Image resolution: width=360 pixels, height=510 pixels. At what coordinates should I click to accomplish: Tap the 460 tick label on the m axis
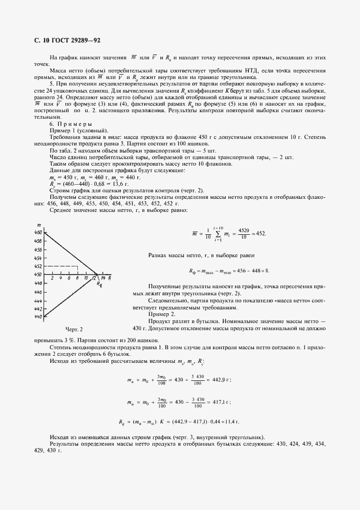pos(38,232)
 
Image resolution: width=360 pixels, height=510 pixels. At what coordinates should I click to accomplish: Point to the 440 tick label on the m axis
pos(38,316)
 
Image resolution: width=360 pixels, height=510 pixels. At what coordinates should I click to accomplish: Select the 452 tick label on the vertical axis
pos(38,266)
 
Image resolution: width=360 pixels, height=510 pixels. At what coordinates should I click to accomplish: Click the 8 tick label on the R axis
pos(78,278)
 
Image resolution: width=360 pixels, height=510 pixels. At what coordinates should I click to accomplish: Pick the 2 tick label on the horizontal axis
pos(52,278)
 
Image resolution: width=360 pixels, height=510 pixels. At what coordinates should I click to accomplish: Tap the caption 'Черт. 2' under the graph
pos(74,330)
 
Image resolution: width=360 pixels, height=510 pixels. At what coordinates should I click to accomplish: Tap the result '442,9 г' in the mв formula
pos(219,380)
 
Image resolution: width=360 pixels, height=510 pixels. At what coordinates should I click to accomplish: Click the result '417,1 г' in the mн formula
pos(219,402)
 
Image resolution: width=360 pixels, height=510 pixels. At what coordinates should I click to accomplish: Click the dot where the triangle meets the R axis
pos(97,274)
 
